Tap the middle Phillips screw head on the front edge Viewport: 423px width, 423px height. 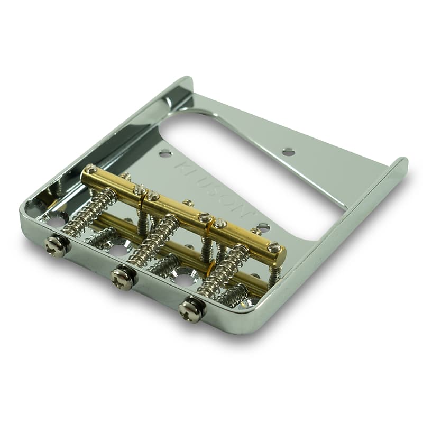coord(123,279)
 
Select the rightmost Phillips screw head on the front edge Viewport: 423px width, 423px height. coord(191,310)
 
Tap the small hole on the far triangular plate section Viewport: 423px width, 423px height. coord(288,152)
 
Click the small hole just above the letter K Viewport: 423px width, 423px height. coord(165,154)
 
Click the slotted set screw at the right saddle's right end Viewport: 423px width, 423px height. coord(273,247)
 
